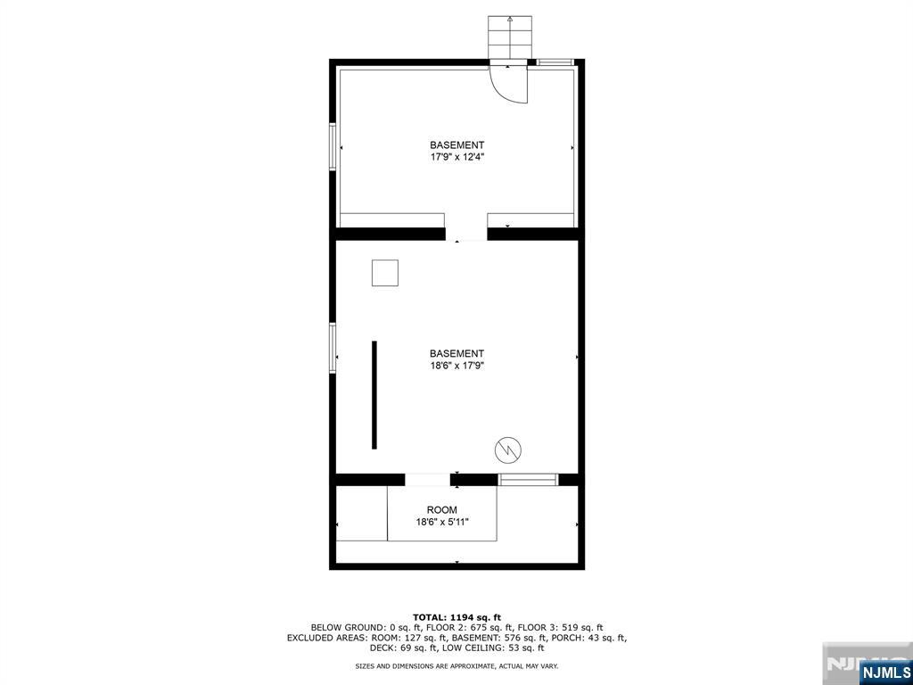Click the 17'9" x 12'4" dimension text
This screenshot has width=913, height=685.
click(456, 157)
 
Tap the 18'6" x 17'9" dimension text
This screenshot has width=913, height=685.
click(456, 366)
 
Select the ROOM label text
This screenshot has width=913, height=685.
click(441, 510)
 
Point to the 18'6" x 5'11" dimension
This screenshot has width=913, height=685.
click(442, 523)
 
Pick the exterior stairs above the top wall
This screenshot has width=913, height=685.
click(509, 37)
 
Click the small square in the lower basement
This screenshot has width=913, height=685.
click(385, 273)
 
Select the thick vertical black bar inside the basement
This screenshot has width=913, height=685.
click(374, 394)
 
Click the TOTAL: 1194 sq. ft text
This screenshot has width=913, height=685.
click(456, 617)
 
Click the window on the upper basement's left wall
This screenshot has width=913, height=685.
click(333, 147)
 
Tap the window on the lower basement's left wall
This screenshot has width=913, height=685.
click(333, 347)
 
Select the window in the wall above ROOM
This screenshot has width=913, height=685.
click(528, 480)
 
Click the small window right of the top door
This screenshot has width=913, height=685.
click(555, 62)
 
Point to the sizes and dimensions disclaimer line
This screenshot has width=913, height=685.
click(456, 666)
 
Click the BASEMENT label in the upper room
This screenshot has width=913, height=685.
click(456, 145)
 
